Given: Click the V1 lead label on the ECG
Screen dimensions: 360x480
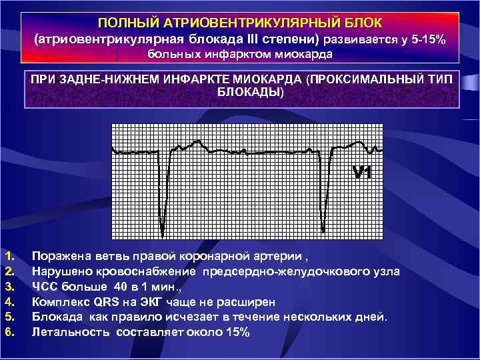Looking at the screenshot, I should tap(362, 173).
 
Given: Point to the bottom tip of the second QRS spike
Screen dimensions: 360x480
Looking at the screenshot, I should tap(323, 230).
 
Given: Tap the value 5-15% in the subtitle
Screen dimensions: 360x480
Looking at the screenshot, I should tap(429, 39).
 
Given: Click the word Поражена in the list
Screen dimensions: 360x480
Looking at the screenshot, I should tap(58, 255).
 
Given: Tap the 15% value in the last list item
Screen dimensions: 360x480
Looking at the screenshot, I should tap(237, 332).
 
